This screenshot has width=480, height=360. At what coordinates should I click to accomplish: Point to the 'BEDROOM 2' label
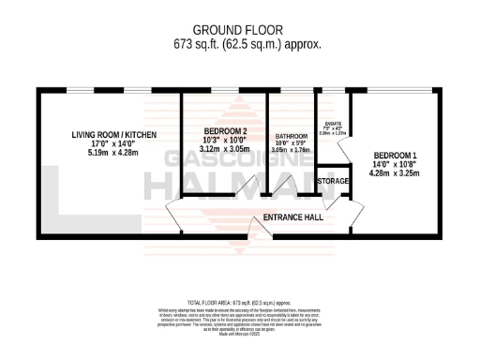(x=225, y=131)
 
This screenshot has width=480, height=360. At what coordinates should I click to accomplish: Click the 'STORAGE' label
(x=333, y=181)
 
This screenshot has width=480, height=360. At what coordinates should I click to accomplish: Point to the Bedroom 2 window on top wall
(x=225, y=91)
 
